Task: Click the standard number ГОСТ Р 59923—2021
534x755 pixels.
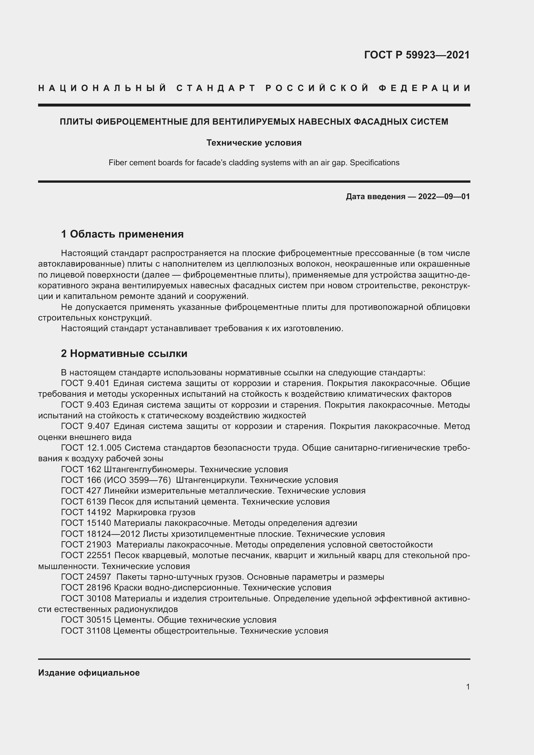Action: point(416,55)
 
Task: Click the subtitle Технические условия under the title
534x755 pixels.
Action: point(254,143)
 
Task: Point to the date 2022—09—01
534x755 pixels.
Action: point(444,197)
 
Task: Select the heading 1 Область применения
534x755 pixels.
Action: point(122,234)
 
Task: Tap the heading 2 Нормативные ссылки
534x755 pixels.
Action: point(124,353)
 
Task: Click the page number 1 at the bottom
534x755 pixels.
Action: point(467,687)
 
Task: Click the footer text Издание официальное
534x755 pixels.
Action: point(89,673)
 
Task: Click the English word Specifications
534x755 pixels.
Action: point(375,163)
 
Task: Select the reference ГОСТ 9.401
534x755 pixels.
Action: point(85,383)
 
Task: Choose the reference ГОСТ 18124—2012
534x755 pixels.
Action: point(101,534)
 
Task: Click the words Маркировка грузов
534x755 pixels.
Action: point(156,512)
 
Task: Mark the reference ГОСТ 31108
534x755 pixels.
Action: point(86,631)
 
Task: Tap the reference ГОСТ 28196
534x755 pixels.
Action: point(86,587)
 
